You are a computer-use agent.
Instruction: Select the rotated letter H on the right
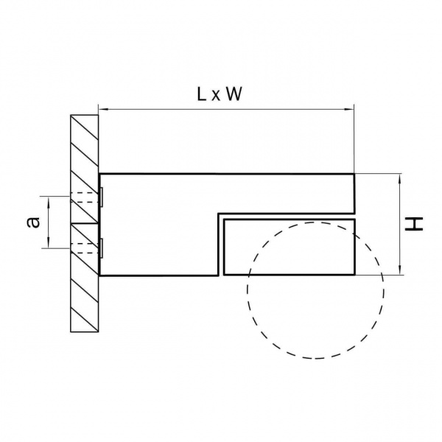(418, 224)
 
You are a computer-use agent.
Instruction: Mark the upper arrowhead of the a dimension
(49, 199)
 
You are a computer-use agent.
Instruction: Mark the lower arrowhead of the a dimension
(49, 246)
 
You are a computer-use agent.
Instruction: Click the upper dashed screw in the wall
(84, 197)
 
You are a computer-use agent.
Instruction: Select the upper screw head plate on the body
(101, 197)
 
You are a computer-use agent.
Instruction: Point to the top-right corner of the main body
(355, 174)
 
